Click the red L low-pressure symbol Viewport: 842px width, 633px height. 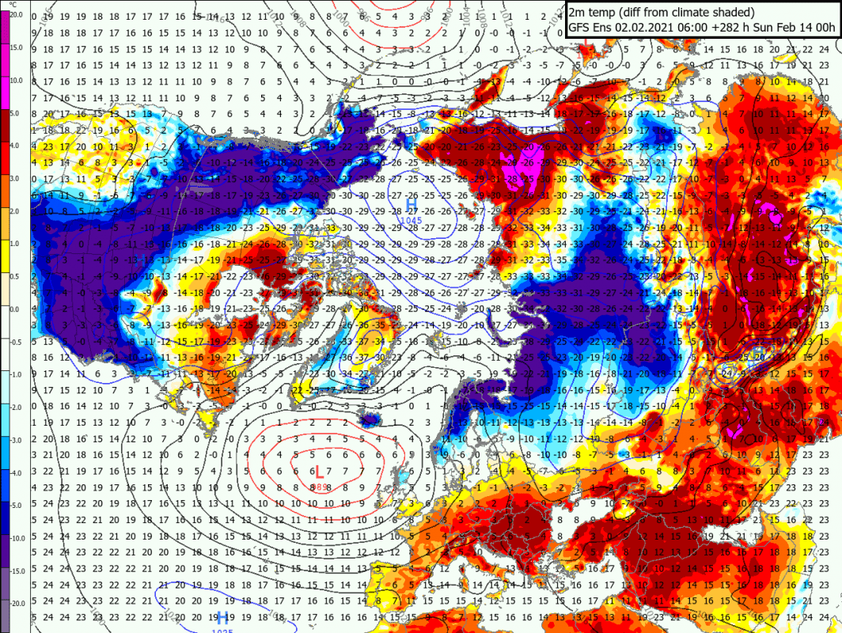(318, 472)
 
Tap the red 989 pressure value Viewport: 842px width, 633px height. (318, 485)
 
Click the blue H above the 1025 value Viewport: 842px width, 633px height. (223, 616)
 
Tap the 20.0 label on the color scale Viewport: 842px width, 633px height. (17, 13)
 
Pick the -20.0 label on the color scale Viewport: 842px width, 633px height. (17, 602)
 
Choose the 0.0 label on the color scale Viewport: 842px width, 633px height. (17, 309)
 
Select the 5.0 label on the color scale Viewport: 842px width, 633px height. (17, 113)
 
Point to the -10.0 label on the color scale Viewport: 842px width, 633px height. (17, 537)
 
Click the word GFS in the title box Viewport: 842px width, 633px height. (580, 27)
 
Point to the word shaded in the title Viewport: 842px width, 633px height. (732, 12)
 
